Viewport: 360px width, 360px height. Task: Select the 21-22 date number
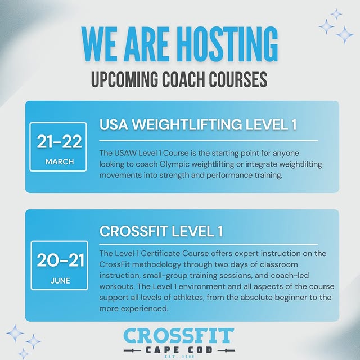[58, 142]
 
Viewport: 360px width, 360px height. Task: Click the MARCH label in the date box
[58, 162]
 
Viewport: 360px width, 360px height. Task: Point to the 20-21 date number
[58, 260]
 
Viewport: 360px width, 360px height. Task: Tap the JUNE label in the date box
[58, 280]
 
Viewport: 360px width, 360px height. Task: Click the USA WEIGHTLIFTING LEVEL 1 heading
[198, 125]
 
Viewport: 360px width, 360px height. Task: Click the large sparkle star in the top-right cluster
[344, 35]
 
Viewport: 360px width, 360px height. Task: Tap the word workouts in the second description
[119, 286]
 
